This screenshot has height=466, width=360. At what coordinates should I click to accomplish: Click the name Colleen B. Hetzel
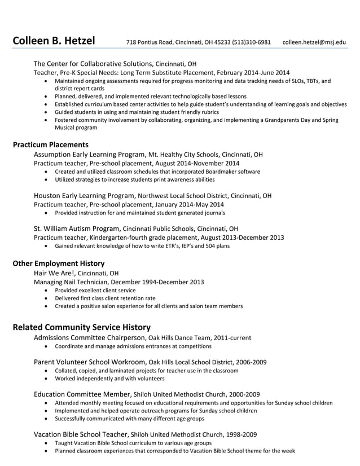tap(54, 41)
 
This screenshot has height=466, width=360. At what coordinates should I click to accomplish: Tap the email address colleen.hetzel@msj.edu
tap(314, 42)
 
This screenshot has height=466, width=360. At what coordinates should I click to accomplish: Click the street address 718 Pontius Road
tap(151, 42)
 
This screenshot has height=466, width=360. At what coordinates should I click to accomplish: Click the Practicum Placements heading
tap(50, 144)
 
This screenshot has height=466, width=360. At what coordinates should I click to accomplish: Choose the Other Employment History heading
tap(58, 263)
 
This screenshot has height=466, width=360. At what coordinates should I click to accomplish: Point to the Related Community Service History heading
tap(81, 327)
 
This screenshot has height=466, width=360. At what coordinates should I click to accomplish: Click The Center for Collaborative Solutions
tap(93, 63)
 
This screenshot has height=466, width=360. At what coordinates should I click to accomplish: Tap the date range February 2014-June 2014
tap(253, 73)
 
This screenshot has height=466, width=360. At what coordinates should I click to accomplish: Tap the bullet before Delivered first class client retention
tap(46, 298)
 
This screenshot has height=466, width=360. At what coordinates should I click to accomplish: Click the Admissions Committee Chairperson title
tap(89, 337)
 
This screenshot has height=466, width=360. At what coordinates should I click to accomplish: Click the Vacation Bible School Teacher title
tap(80, 434)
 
